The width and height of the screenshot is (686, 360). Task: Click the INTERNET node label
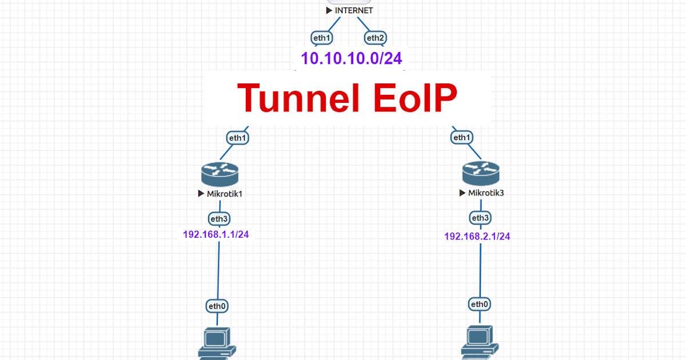point(353,10)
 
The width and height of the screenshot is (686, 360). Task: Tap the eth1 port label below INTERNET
point(322,38)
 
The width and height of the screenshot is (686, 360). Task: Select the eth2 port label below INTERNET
point(376,38)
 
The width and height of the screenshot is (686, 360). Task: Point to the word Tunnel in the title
point(297,98)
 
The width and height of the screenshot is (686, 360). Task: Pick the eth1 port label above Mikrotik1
point(238,138)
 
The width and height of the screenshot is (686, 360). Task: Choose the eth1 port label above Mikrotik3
point(461,138)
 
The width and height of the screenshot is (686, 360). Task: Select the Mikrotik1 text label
point(224,194)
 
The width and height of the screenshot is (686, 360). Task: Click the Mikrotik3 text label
point(485,193)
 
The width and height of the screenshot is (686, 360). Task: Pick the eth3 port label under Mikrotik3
point(480,218)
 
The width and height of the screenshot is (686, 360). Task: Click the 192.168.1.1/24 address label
point(216,234)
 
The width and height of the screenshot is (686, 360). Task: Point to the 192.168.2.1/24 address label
point(477,236)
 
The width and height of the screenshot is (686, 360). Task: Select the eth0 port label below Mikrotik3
point(479,304)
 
